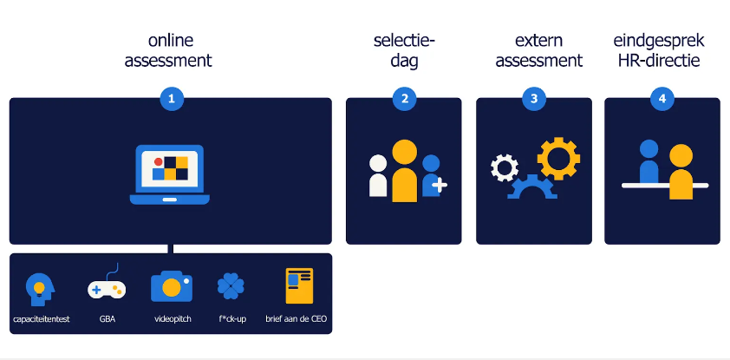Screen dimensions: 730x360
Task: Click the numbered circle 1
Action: click(x=172, y=99)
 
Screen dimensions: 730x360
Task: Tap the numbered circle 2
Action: click(x=404, y=99)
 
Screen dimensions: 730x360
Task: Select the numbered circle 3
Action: click(x=533, y=99)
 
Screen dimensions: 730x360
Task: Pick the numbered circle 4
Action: click(x=662, y=99)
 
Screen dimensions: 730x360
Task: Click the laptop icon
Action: click(x=169, y=174)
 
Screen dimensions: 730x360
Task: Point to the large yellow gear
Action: click(x=558, y=159)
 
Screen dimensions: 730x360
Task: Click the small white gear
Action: click(x=505, y=167)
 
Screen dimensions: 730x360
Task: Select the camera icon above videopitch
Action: click(x=172, y=286)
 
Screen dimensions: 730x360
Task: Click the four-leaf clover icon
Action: click(x=231, y=286)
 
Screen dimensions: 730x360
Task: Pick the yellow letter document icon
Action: click(x=299, y=285)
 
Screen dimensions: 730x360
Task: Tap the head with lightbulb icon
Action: click(x=40, y=289)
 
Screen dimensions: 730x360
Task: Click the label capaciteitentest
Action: click(x=42, y=319)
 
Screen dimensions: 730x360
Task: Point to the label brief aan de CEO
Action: click(x=297, y=319)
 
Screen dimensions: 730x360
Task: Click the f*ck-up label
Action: click(x=232, y=319)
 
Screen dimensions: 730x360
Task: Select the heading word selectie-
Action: click(x=404, y=41)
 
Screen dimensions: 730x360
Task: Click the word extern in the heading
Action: click(x=538, y=41)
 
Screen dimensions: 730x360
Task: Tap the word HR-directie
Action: click(x=659, y=61)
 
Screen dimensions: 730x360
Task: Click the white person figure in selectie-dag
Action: click(x=378, y=175)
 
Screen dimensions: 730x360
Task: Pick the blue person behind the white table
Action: click(x=649, y=161)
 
